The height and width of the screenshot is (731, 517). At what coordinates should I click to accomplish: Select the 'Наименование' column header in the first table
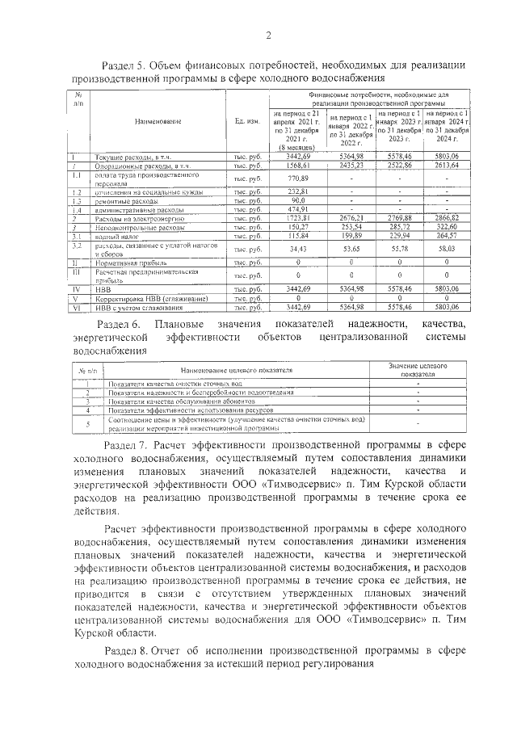click(158, 122)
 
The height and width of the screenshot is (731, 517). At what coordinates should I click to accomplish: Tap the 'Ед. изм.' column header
click(247, 122)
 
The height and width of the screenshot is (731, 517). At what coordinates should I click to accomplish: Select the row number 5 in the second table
click(86, 423)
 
